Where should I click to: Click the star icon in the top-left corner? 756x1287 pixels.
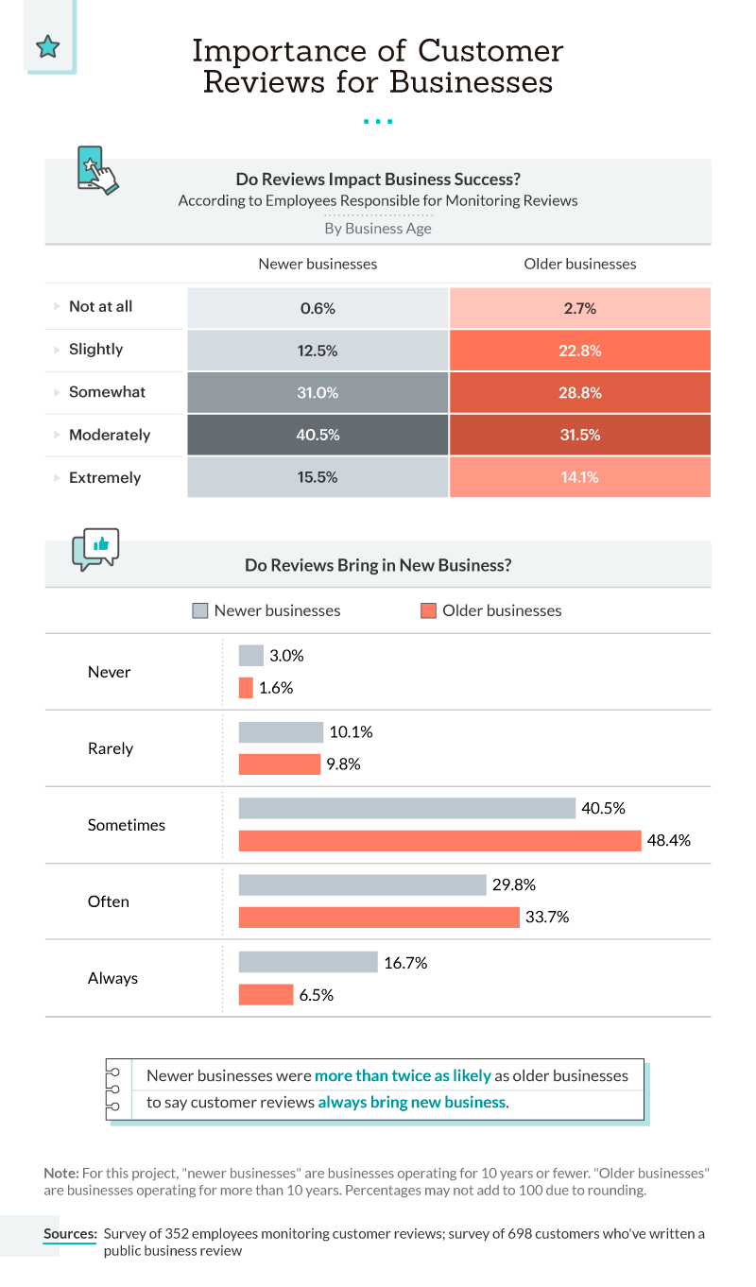pyautogui.click(x=47, y=46)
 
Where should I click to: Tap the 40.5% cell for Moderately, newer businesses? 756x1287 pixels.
pyautogui.click(x=318, y=435)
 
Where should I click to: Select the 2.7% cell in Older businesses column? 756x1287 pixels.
pyautogui.click(x=579, y=307)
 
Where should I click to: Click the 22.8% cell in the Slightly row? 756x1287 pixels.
pyautogui.click(x=579, y=350)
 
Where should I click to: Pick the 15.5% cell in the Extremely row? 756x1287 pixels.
pyautogui.click(x=318, y=477)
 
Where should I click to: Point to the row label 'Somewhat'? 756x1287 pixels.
pyautogui.click(x=107, y=392)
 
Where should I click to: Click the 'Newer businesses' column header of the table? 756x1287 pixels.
pyautogui.click(x=318, y=264)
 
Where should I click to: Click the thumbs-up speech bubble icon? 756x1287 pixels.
pyautogui.click(x=95, y=548)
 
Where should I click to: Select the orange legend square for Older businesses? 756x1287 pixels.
pyautogui.click(x=428, y=610)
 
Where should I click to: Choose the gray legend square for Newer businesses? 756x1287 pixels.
pyautogui.click(x=199, y=610)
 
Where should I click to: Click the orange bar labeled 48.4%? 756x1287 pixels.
pyautogui.click(x=439, y=840)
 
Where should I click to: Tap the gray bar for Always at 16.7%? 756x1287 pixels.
pyautogui.click(x=308, y=962)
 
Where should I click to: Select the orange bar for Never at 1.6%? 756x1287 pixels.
pyautogui.click(x=246, y=688)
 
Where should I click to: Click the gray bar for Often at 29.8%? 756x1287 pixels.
pyautogui.click(x=362, y=885)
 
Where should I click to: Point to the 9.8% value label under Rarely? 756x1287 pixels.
pyautogui.click(x=344, y=764)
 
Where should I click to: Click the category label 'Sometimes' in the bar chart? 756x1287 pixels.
pyautogui.click(x=126, y=825)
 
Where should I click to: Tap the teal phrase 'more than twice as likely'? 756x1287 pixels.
pyautogui.click(x=403, y=1075)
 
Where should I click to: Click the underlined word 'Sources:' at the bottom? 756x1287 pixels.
pyautogui.click(x=70, y=1234)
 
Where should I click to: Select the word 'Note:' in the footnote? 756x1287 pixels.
pyautogui.click(x=61, y=1172)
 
